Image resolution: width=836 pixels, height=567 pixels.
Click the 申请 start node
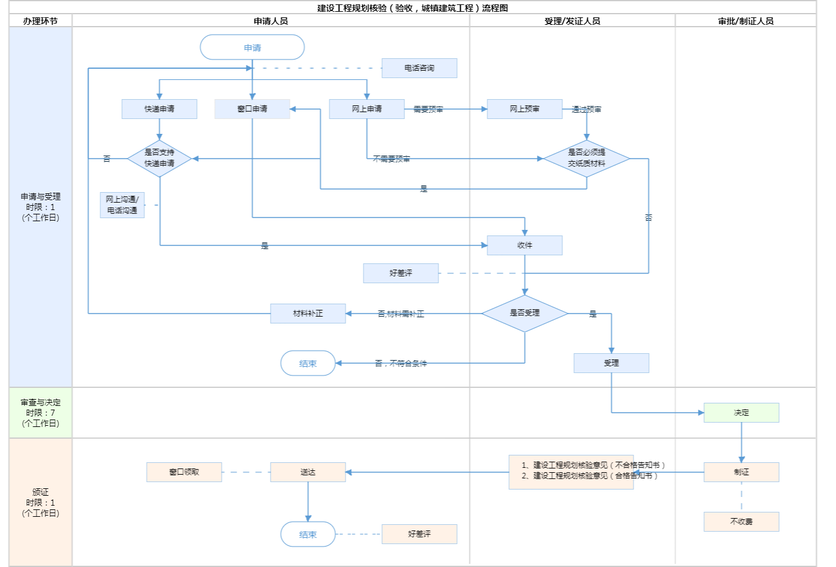click(x=252, y=48)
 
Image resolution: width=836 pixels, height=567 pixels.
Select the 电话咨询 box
click(x=419, y=68)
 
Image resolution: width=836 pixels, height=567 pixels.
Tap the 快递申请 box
click(x=159, y=109)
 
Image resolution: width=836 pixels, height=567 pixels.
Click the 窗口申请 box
click(x=252, y=109)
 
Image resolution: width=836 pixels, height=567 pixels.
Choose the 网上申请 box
click(x=367, y=109)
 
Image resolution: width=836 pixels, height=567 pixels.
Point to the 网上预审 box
click(x=525, y=109)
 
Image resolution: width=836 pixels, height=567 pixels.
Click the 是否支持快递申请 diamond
click(x=159, y=159)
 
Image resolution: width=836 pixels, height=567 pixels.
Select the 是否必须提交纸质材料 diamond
click(x=586, y=159)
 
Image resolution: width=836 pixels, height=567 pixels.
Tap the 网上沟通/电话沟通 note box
click(x=122, y=205)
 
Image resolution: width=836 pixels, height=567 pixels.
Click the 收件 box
click(x=525, y=245)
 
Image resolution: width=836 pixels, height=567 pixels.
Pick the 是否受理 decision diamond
click(x=525, y=314)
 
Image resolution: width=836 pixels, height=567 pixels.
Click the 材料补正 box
click(x=308, y=314)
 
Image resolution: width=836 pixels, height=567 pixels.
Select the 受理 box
click(x=611, y=363)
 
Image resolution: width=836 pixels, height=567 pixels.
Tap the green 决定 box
click(x=741, y=413)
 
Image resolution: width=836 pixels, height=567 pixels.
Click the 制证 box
click(x=741, y=472)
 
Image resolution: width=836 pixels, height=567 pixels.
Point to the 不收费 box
click(x=741, y=522)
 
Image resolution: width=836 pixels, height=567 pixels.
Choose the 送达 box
click(x=308, y=472)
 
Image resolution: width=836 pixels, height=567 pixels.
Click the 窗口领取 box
click(x=184, y=472)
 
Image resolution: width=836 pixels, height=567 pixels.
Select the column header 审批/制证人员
click(x=746, y=21)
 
